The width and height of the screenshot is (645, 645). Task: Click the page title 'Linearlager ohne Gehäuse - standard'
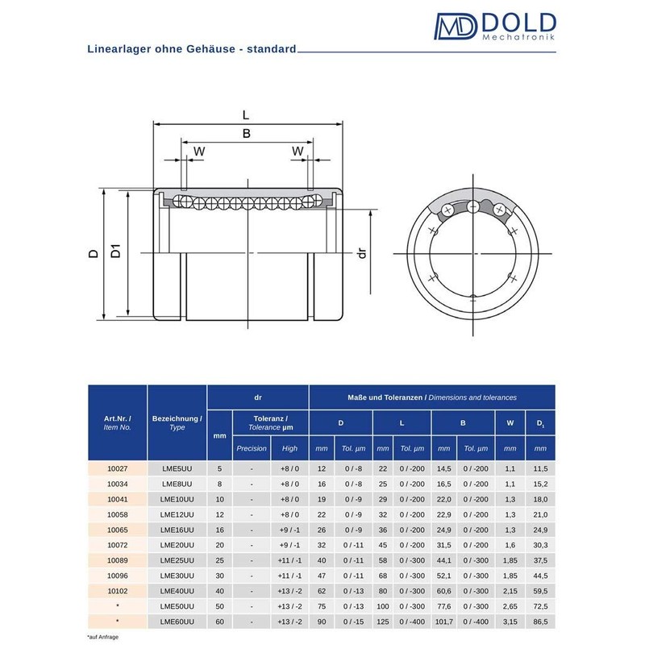pyautogui.click(x=192, y=48)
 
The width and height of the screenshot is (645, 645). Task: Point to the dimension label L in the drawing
pyautogui.click(x=246, y=114)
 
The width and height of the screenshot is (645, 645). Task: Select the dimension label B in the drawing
pyautogui.click(x=246, y=135)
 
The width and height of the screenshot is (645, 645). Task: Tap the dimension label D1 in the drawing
pyautogui.click(x=116, y=252)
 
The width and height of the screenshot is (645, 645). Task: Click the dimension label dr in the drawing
pyautogui.click(x=362, y=253)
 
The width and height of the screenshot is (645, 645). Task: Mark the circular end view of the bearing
pyautogui.click(x=472, y=252)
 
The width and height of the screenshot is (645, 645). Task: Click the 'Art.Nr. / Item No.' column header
pyautogui.click(x=117, y=423)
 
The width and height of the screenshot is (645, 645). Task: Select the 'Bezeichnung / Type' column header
pyautogui.click(x=177, y=423)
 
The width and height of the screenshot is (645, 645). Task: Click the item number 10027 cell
pyautogui.click(x=117, y=469)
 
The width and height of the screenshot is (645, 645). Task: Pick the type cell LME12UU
pyautogui.click(x=177, y=514)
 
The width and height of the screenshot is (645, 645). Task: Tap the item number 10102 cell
pyautogui.click(x=117, y=590)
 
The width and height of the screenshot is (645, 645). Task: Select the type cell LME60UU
pyautogui.click(x=177, y=621)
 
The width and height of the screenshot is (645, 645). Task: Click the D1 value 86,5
pyautogui.click(x=540, y=621)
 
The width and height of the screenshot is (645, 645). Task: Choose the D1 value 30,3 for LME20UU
pyautogui.click(x=540, y=545)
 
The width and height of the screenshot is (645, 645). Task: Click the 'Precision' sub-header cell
pyautogui.click(x=252, y=448)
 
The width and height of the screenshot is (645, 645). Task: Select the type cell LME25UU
pyautogui.click(x=177, y=560)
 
